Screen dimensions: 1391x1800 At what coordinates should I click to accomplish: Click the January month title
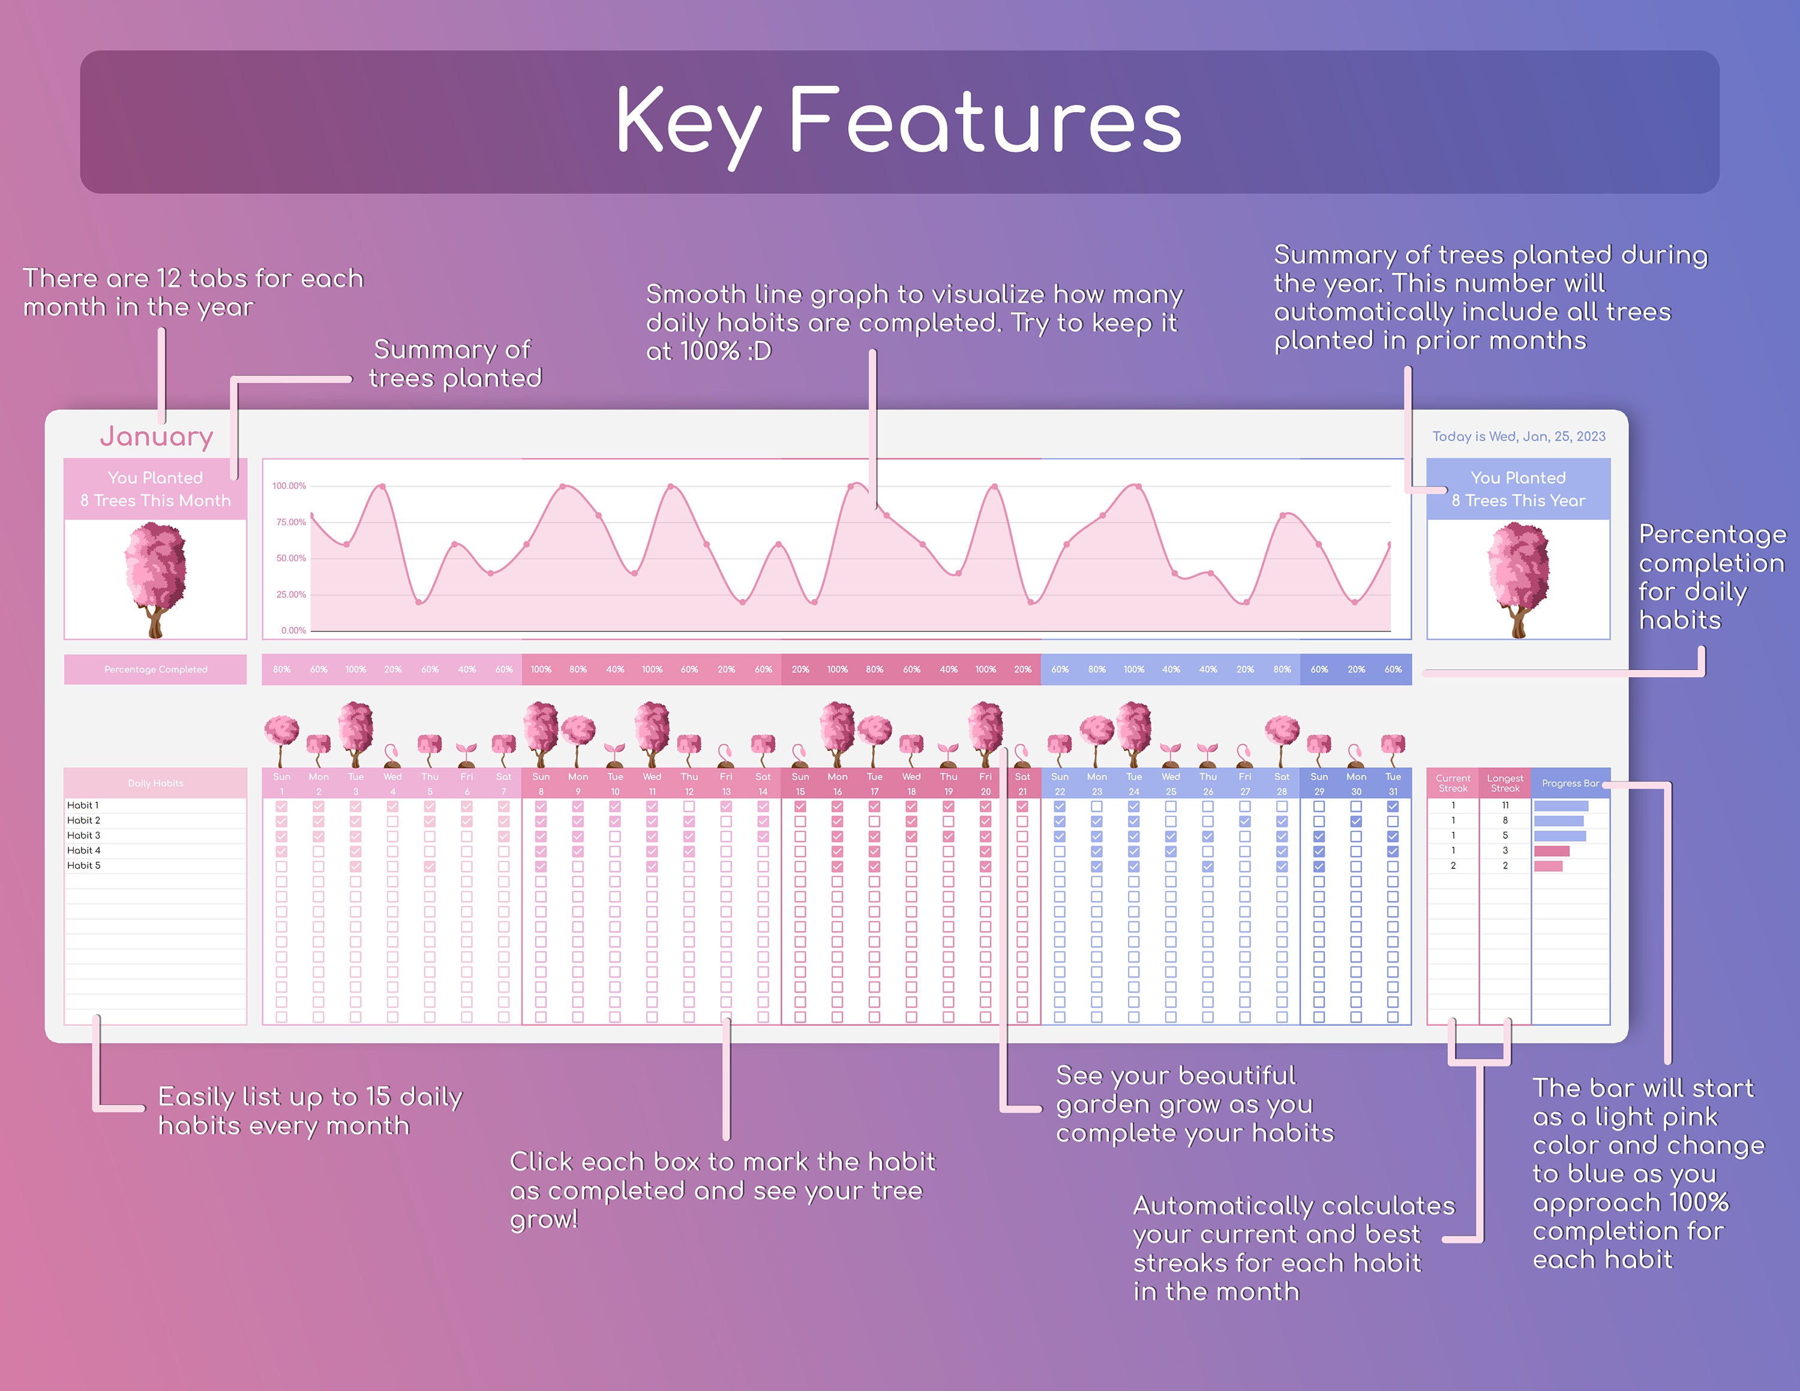pos(157,436)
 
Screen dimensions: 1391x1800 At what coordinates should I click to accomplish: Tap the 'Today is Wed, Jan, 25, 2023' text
pos(1518,437)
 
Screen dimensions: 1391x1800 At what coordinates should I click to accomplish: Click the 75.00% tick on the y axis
pos(290,522)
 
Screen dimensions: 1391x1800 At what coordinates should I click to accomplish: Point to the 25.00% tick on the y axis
pos(290,594)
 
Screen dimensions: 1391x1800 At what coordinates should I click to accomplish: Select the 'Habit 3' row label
pos(83,836)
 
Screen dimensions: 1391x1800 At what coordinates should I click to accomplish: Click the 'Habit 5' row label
pos(83,866)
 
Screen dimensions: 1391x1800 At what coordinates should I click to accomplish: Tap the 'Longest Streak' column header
pos(1504,783)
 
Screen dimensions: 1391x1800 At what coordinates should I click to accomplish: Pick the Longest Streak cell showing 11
pos(1504,805)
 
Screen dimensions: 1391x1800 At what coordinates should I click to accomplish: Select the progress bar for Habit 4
pos(1551,851)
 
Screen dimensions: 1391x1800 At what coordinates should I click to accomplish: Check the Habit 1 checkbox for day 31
pos(1393,806)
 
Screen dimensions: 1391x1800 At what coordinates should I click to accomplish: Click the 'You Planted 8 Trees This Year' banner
pos(1517,489)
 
